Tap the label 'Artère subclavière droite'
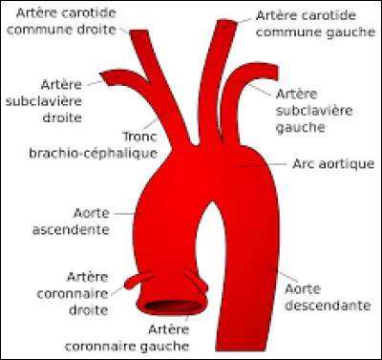(39, 99)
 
